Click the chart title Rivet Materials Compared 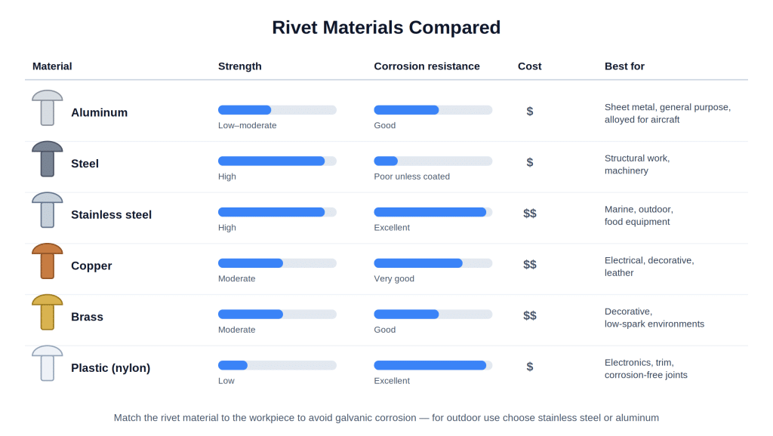pyautogui.click(x=386, y=28)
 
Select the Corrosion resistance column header pyautogui.click(x=427, y=66)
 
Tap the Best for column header pyautogui.click(x=624, y=66)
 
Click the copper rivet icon pyautogui.click(x=48, y=261)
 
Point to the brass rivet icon pyautogui.click(x=48, y=312)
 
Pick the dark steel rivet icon pyautogui.click(x=48, y=158)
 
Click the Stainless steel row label pyautogui.click(x=111, y=215)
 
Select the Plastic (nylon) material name pyautogui.click(x=110, y=368)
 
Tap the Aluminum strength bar pyautogui.click(x=277, y=110)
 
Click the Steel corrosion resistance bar pyautogui.click(x=433, y=161)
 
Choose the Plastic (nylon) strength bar pyautogui.click(x=277, y=365)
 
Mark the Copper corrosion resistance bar pyautogui.click(x=433, y=263)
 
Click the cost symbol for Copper pyautogui.click(x=529, y=265)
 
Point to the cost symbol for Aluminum pyautogui.click(x=529, y=112)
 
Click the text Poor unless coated pyautogui.click(x=411, y=177)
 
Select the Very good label pyautogui.click(x=394, y=278)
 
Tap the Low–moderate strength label pyautogui.click(x=247, y=125)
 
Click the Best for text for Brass pyautogui.click(x=654, y=318)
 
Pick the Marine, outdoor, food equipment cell pyautogui.click(x=639, y=215)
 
